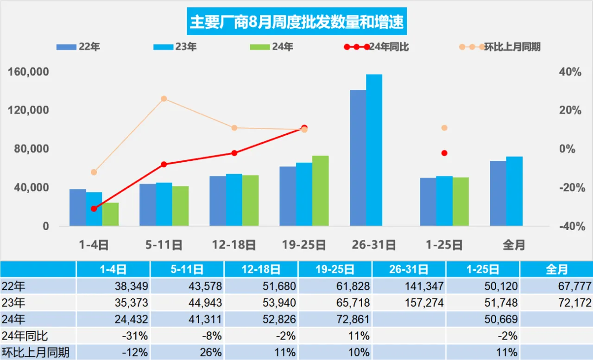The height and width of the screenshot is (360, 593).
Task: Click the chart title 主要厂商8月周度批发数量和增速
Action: click(x=296, y=22)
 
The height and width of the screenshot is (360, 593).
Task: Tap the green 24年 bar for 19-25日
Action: click(x=320, y=191)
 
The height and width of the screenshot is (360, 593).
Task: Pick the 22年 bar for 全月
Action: click(x=498, y=194)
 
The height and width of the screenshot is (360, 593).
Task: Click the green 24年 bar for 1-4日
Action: click(x=110, y=215)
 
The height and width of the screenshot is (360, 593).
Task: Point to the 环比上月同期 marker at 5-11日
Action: click(x=164, y=99)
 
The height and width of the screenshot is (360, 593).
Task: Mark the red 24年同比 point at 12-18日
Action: click(x=234, y=153)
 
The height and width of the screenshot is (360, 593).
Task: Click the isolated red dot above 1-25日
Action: click(x=444, y=153)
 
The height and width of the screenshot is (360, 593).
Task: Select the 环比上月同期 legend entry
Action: click(x=500, y=47)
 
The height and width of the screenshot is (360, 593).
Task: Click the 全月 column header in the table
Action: click(x=556, y=269)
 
